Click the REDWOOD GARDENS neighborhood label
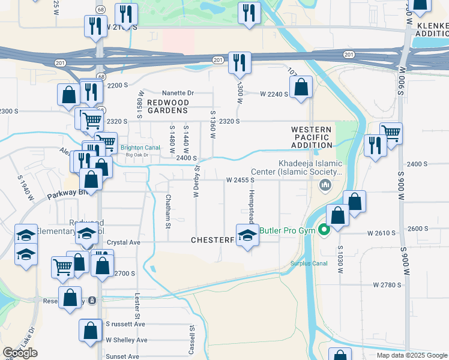point(168,106)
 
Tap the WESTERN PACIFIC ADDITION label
point(312,137)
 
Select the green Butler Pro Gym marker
point(324,229)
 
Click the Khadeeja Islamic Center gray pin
point(326,184)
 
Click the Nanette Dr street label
point(178,93)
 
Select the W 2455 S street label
point(244,179)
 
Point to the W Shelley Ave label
point(126,340)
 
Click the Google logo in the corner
point(20,353)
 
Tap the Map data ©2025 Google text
point(412,355)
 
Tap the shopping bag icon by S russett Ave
point(90,330)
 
